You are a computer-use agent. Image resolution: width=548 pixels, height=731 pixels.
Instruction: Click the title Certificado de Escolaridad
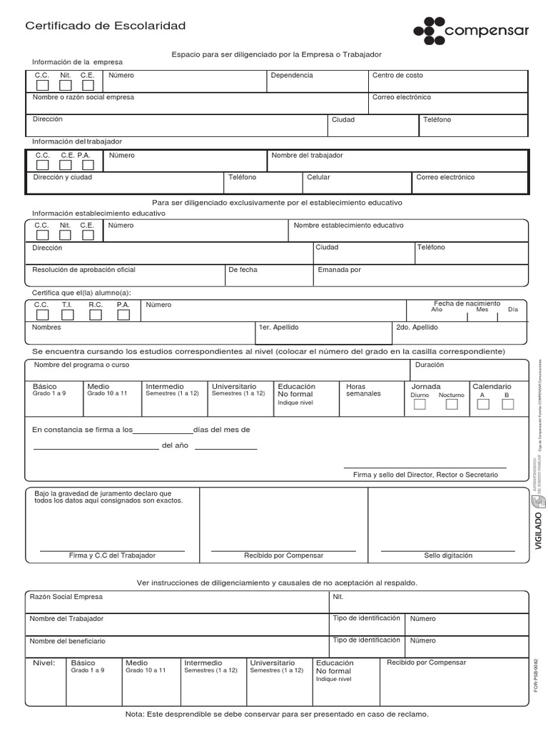[106, 26]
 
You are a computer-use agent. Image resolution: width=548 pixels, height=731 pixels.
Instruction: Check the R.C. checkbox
[95, 315]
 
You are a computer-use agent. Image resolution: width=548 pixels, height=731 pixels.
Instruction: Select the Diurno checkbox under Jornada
[420, 405]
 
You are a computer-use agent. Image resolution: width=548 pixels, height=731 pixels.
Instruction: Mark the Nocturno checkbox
[451, 405]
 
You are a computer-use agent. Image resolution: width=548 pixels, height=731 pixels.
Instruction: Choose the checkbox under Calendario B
[507, 405]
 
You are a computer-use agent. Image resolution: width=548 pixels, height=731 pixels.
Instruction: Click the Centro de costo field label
[397, 75]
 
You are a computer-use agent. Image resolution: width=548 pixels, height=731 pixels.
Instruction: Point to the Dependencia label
[291, 75]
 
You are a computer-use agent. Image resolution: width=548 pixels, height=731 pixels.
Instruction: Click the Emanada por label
[339, 270]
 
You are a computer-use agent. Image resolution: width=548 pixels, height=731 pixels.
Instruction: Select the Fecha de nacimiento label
[467, 303]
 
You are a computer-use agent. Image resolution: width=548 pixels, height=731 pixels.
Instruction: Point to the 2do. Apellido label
[417, 327]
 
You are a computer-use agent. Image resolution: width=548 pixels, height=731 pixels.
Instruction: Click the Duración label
[430, 365]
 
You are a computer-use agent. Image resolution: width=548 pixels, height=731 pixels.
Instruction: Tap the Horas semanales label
[363, 390]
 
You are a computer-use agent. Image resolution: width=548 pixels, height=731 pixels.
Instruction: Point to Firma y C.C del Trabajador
[112, 555]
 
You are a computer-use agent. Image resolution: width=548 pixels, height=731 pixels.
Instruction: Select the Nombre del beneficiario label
[67, 641]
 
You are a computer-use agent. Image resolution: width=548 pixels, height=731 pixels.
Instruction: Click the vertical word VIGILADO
[539, 529]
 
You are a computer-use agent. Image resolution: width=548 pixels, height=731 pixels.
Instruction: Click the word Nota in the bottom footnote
[133, 715]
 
